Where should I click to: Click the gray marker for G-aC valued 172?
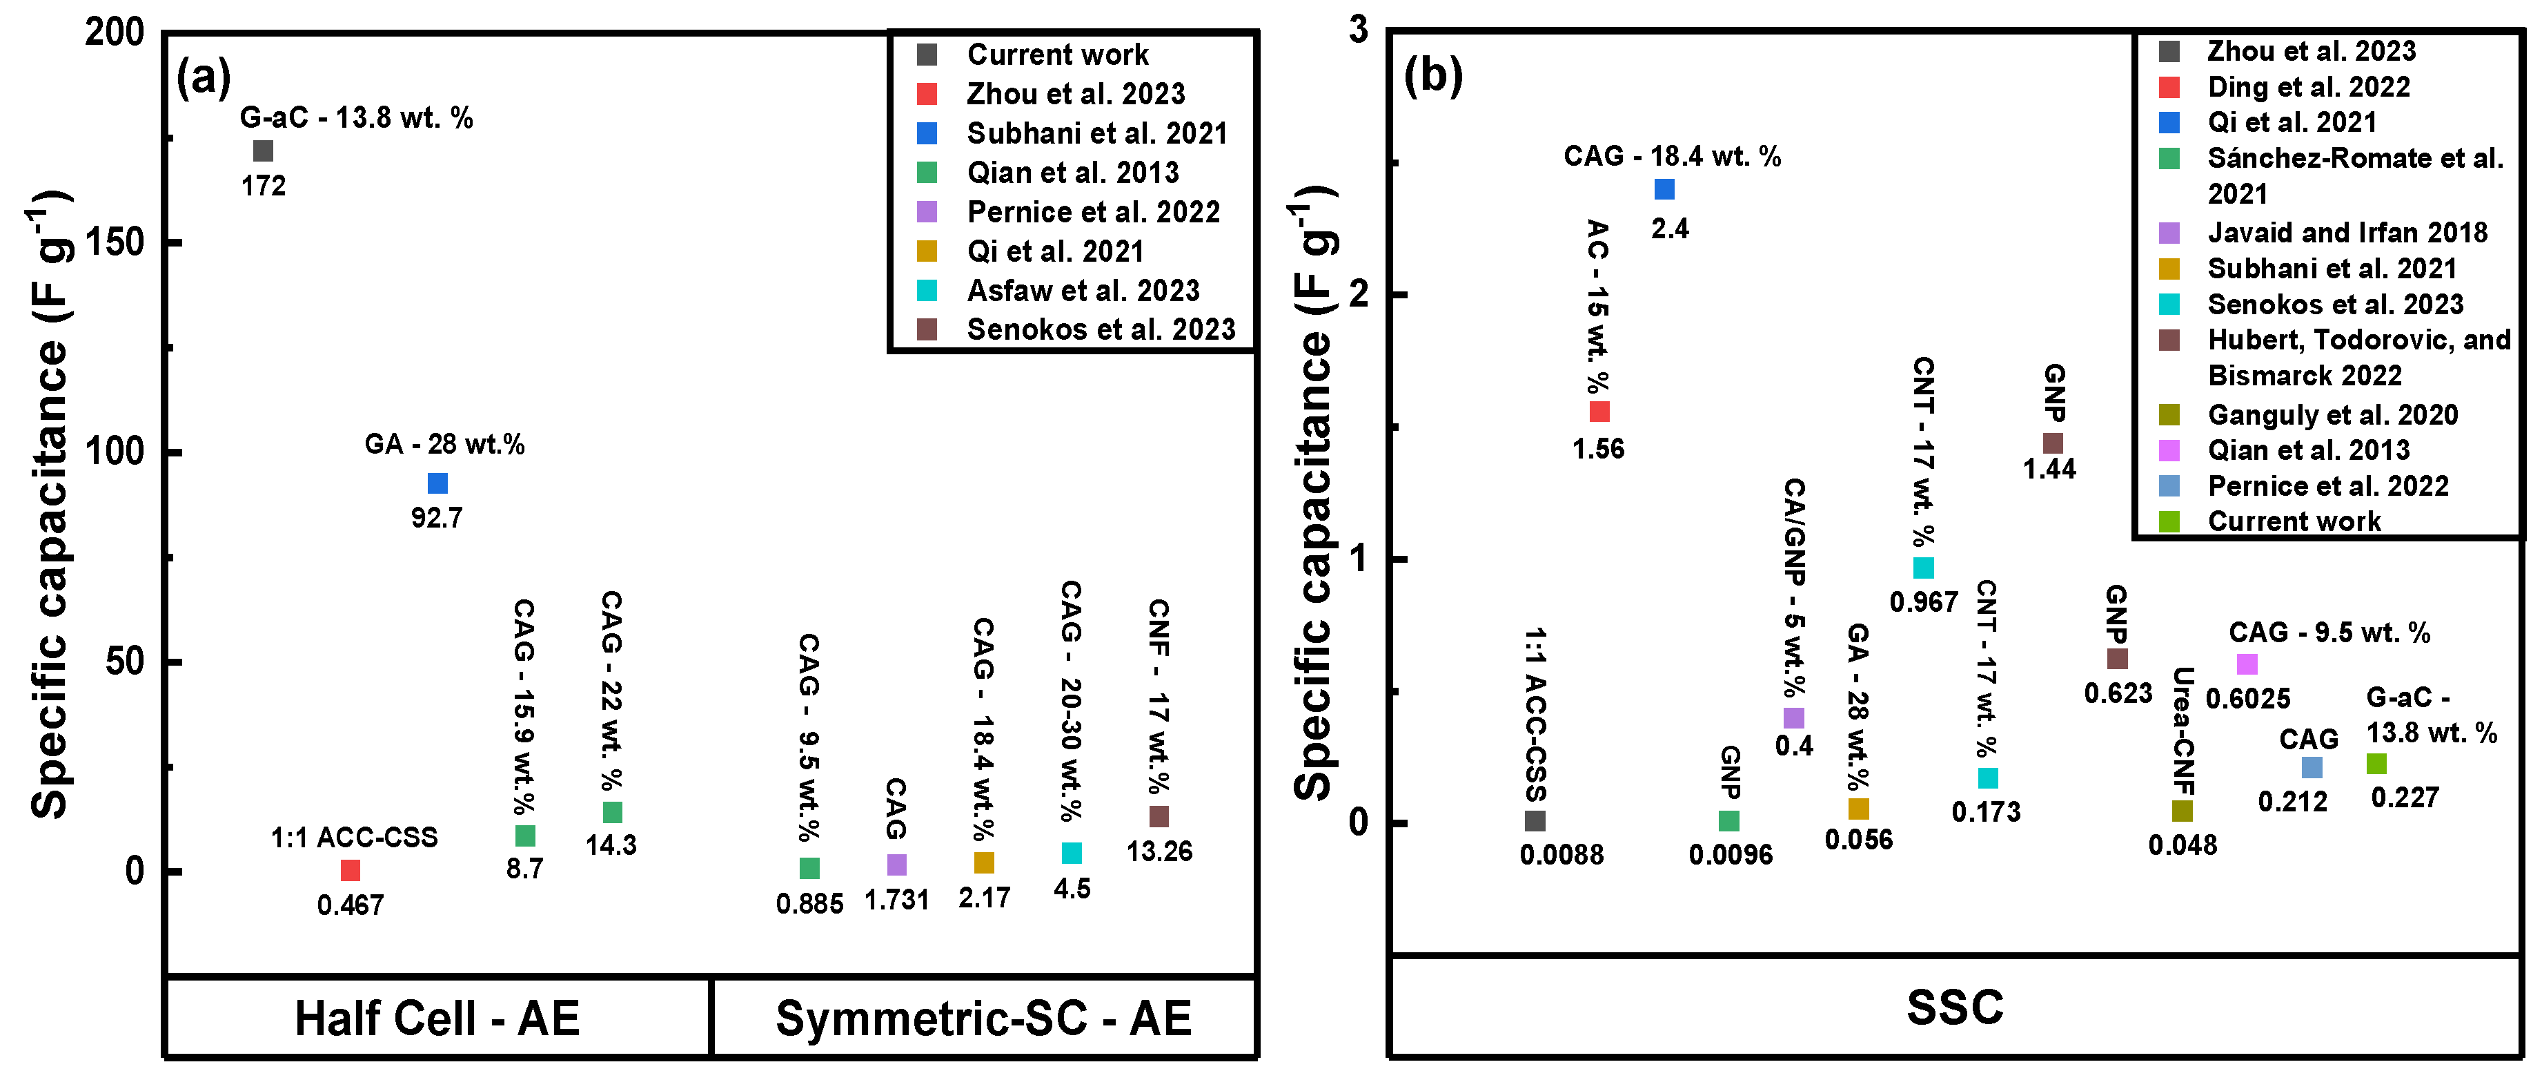(262, 151)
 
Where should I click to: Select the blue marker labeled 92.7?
(437, 483)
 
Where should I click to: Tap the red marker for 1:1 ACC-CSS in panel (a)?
(351, 869)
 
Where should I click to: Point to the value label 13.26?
(1159, 851)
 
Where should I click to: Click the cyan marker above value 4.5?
(1072, 852)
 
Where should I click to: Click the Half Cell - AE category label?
(437, 1018)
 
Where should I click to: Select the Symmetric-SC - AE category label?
(984, 1018)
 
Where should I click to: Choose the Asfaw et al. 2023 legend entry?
(1083, 290)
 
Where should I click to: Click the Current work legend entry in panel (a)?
(1057, 55)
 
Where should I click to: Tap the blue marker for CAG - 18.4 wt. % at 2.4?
(1664, 189)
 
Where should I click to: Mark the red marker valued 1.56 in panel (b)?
(1599, 411)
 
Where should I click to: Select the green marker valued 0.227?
(2376, 763)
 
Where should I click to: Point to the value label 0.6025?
(2248, 699)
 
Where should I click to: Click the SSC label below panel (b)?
(1955, 1007)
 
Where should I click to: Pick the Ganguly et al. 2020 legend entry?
(2332, 414)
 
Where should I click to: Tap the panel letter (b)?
(1433, 75)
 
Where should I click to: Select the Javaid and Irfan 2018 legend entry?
(2347, 233)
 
